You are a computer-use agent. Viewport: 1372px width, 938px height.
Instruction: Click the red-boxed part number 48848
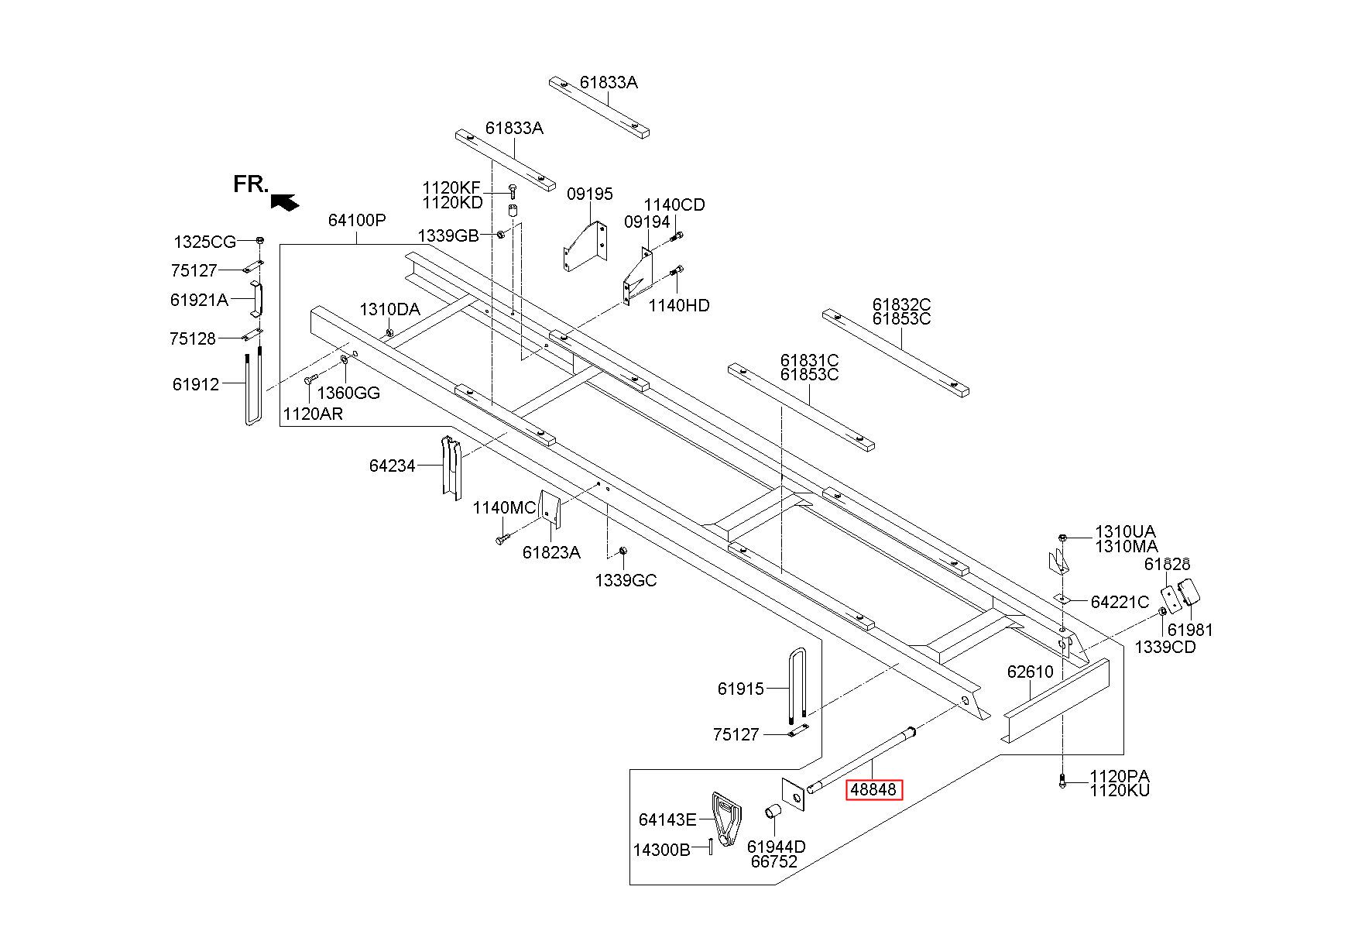[x=873, y=790]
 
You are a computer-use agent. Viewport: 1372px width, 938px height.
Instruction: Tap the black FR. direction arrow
[x=285, y=201]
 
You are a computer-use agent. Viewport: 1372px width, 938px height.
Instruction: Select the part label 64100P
[x=357, y=220]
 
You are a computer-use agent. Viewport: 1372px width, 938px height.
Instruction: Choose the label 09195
[x=590, y=194]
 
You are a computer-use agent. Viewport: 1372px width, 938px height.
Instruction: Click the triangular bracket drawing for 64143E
[x=726, y=819]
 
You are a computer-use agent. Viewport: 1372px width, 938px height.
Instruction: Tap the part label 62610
[x=1030, y=672]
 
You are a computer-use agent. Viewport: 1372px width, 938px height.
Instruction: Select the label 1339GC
[x=626, y=580]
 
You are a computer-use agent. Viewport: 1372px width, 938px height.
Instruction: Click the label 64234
[x=393, y=466]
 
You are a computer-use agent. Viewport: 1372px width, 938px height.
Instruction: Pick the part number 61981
[x=1190, y=630]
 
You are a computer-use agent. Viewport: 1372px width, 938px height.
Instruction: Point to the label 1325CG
[x=204, y=242]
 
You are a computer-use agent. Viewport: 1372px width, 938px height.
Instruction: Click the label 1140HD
[x=679, y=305]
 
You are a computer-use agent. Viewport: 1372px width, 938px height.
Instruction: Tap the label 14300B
[x=661, y=850]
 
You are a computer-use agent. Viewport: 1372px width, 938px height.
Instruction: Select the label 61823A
[x=551, y=552]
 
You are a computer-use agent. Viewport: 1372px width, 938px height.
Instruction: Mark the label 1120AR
[x=313, y=414]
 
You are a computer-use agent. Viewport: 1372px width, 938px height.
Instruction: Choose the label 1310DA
[x=389, y=310]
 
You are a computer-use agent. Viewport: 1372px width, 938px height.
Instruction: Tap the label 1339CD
[x=1165, y=647]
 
